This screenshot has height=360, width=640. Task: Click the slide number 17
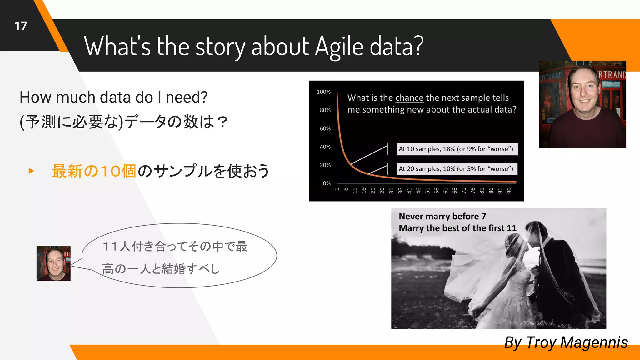click(21, 26)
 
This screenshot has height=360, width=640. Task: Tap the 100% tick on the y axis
click(323, 92)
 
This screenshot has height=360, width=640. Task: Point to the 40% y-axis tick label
click(325, 147)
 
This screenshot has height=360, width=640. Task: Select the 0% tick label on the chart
click(327, 183)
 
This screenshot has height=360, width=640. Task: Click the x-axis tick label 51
click(427, 191)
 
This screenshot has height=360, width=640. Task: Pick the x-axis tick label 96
click(509, 191)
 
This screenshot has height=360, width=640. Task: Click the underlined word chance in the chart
click(409, 98)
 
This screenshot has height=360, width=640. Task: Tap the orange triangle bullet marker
click(31, 171)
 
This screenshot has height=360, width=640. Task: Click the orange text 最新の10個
click(94, 171)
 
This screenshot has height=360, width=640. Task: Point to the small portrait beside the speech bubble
click(53, 263)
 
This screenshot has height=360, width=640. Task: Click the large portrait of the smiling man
click(582, 104)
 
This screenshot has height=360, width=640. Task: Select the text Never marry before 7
click(442, 216)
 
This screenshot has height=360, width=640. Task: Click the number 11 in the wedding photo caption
click(512, 228)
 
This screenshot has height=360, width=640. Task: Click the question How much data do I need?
click(113, 97)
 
